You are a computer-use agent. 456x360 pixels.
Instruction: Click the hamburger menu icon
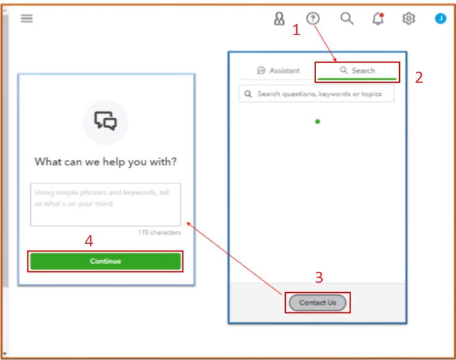[27, 19]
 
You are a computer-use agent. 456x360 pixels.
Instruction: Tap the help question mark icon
[313, 19]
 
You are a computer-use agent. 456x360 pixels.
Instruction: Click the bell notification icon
[378, 19]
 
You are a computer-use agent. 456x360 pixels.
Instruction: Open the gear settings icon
[408, 19]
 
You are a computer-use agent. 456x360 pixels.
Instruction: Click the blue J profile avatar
[441, 19]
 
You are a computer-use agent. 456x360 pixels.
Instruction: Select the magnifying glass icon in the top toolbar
[347, 19]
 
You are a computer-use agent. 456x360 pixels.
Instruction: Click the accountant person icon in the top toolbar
[279, 19]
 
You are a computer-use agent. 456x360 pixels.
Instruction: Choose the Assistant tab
[278, 70]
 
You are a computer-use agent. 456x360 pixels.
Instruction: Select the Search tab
[357, 70]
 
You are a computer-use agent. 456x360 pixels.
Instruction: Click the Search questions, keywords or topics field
[317, 94]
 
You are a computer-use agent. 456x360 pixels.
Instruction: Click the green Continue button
[106, 261]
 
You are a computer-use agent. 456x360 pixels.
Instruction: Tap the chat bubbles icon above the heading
[106, 121]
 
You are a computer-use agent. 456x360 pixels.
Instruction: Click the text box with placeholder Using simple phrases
[106, 204]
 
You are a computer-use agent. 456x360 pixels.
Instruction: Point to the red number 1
[296, 30]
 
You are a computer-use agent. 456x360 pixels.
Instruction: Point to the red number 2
[419, 77]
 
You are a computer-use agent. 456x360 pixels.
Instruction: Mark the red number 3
[319, 277]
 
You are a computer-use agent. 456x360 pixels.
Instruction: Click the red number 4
[89, 241]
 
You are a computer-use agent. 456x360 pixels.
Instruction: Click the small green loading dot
[318, 122]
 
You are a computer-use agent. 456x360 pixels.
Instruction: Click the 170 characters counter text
[159, 232]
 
